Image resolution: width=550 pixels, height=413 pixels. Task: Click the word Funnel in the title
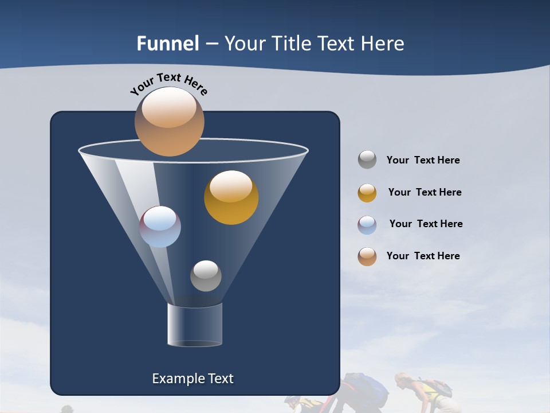coord(167,44)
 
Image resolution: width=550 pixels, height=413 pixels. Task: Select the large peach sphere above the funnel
coord(169,121)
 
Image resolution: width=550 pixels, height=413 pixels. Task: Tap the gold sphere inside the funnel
coord(231,197)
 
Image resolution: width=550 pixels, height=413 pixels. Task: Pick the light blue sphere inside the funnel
coord(160,227)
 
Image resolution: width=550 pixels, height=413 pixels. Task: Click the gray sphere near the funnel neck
coord(206,276)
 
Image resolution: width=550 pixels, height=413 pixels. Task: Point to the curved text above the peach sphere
coord(169,83)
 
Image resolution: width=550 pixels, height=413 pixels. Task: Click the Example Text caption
coord(192,379)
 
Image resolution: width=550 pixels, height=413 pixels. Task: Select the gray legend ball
coord(367,159)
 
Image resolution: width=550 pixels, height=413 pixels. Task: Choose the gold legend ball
coord(367,193)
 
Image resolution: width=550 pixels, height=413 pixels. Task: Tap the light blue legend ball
coord(367,225)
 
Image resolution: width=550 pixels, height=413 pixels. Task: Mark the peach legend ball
coord(367,256)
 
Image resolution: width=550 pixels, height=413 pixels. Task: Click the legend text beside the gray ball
coord(423,160)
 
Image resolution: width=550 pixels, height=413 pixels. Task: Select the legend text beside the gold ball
coord(425,192)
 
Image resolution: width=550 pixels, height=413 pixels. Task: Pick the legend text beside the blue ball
coord(426,224)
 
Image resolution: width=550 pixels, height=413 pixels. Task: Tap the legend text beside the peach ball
coord(423,256)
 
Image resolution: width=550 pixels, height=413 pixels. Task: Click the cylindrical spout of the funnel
coord(195,325)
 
